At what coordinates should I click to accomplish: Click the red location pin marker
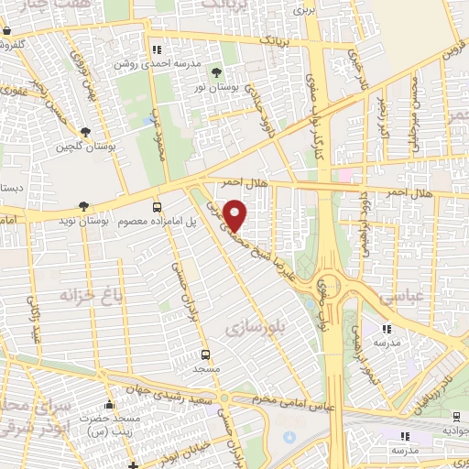pos(235,214)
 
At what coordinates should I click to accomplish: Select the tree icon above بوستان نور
pos(216,71)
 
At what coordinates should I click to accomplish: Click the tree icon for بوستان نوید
pos(84,207)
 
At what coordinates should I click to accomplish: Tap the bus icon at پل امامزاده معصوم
pos(158,207)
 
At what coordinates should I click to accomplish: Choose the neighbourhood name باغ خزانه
pos(90,296)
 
